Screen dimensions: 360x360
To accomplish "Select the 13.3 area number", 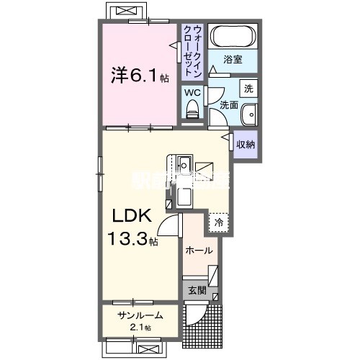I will [x=127, y=238].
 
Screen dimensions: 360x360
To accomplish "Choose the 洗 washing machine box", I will [x=247, y=89].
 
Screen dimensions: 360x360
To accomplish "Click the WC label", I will [x=192, y=93].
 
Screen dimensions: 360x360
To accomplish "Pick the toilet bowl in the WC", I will [x=192, y=109].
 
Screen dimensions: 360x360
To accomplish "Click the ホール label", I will [x=199, y=251].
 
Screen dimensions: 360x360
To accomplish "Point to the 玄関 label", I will [x=197, y=291].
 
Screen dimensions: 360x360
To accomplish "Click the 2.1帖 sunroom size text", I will [x=141, y=328].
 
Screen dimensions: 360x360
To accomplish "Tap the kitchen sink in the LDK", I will [x=184, y=161].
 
